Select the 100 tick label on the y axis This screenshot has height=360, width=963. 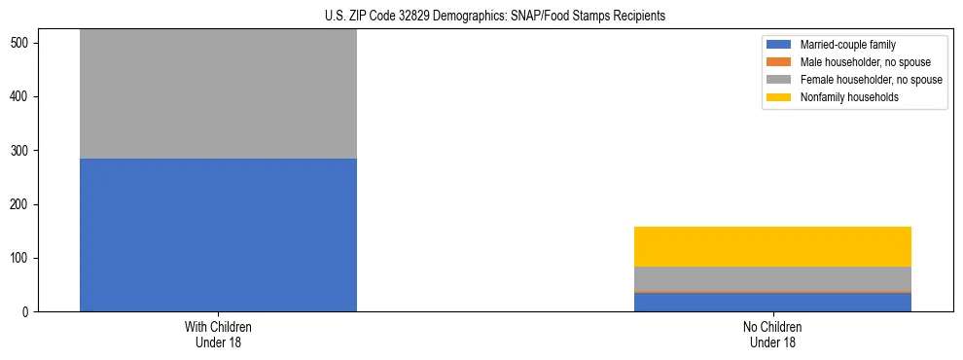click(x=22, y=258)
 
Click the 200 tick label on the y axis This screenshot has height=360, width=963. click(x=22, y=204)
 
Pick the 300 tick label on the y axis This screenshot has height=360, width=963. click(x=22, y=151)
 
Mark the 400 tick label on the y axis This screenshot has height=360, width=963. click(x=22, y=97)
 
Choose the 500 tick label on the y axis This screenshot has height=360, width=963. click(x=22, y=44)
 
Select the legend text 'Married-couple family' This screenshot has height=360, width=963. click(x=848, y=45)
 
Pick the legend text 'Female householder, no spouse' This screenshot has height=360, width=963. click(x=870, y=80)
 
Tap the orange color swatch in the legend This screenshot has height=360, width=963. click(x=779, y=62)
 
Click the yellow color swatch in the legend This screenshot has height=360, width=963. click(x=779, y=97)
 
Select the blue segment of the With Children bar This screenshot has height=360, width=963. click(x=218, y=234)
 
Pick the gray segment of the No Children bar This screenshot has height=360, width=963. click(x=772, y=278)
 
